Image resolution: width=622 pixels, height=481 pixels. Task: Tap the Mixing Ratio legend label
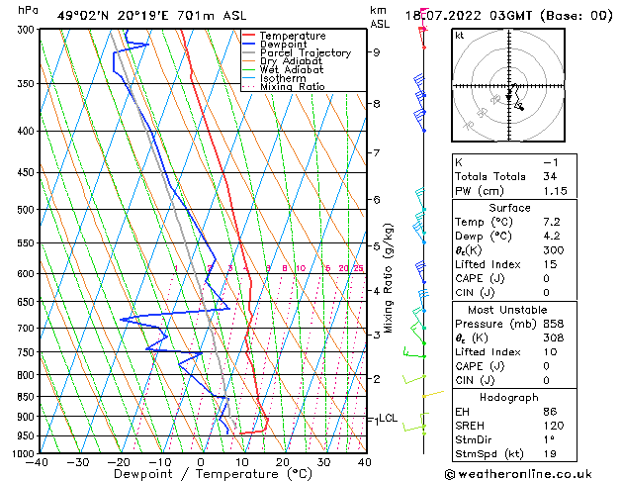(293, 87)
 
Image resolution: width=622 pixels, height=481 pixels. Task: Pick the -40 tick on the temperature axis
(38, 462)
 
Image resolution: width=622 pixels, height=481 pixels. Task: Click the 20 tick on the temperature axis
(282, 462)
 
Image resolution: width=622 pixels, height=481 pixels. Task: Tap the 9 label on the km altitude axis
(377, 52)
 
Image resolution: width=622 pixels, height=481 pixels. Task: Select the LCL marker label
(389, 418)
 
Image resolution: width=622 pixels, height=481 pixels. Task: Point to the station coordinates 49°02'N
(80, 15)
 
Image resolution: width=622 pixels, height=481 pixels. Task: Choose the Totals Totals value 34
(551, 176)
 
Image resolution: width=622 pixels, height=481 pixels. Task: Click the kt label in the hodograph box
(460, 36)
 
